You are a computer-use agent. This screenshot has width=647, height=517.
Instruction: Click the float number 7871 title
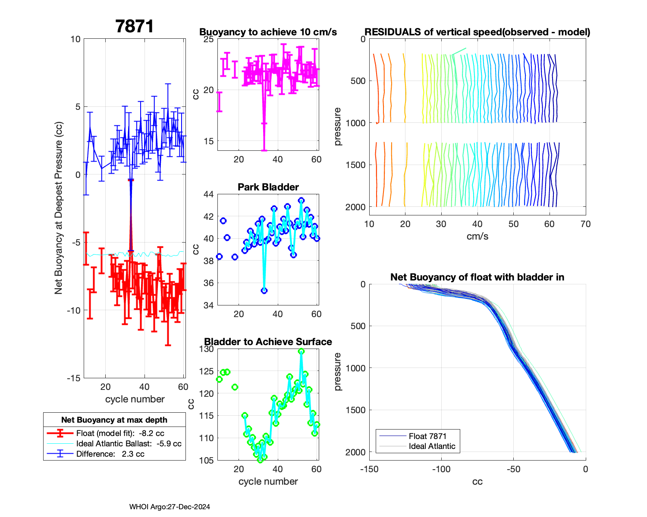click(135, 27)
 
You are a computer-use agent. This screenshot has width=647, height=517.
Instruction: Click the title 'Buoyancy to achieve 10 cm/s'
click(268, 32)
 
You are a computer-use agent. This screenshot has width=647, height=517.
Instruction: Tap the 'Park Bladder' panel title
click(268, 187)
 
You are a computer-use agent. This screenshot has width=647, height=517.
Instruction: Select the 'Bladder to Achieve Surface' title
click(268, 342)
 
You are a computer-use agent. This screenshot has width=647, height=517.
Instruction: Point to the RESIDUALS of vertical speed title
click(477, 32)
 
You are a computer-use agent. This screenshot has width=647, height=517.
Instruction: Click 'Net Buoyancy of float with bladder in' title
click(477, 277)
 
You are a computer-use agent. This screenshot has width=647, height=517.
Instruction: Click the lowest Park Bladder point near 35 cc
click(264, 290)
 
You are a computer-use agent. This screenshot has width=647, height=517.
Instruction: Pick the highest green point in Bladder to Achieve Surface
click(302, 351)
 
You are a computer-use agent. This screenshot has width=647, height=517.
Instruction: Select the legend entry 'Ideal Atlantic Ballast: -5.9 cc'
click(129, 443)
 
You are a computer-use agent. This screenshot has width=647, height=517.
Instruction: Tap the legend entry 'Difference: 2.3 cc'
click(110, 454)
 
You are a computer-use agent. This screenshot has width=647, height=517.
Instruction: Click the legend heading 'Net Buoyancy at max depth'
click(114, 420)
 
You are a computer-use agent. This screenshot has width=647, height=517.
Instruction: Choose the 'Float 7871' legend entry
click(427, 436)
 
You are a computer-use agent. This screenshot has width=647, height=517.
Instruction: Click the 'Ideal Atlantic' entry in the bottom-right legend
click(432, 446)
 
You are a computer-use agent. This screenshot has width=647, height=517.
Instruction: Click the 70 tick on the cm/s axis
click(585, 224)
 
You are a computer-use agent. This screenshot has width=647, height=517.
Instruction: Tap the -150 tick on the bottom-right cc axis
click(369, 469)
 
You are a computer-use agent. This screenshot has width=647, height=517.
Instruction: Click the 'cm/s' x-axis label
click(477, 236)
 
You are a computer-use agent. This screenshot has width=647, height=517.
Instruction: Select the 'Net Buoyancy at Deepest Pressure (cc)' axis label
click(59, 209)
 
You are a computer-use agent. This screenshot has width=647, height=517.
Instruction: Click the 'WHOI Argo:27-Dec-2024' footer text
click(170, 507)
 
